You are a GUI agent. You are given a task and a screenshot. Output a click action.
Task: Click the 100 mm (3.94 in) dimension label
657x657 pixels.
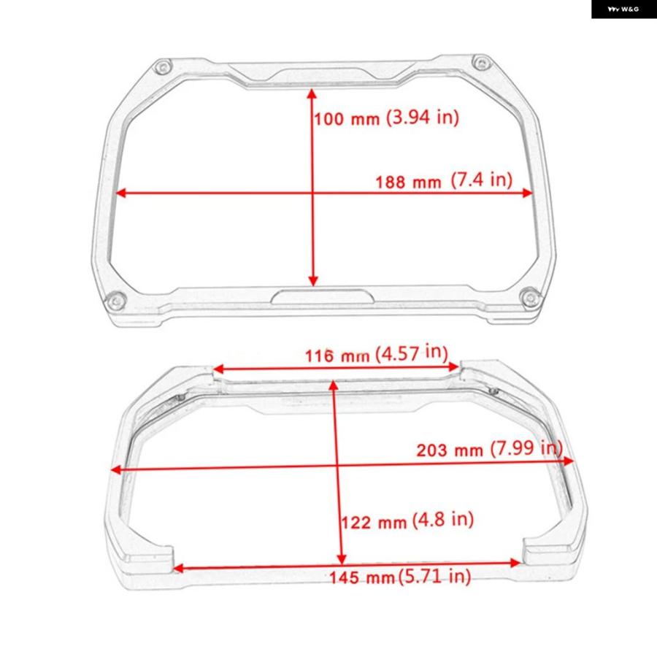coord(386,118)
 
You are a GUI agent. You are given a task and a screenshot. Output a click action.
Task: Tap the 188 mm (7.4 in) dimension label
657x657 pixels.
coord(444,180)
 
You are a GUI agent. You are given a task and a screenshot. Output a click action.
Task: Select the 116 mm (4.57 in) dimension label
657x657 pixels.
coord(376,354)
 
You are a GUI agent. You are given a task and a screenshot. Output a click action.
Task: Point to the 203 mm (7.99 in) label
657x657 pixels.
coord(489,449)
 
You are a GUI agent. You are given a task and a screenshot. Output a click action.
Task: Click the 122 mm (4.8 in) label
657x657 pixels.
coord(407,520)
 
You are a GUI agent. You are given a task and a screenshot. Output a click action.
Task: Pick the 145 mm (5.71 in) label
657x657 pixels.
coord(400,577)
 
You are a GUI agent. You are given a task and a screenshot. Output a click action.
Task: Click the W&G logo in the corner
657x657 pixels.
coord(623,9)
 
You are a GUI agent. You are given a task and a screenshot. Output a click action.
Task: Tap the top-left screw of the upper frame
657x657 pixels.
coord(163,67)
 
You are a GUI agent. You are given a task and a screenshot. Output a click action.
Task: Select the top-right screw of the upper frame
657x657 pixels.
coord(482,64)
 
